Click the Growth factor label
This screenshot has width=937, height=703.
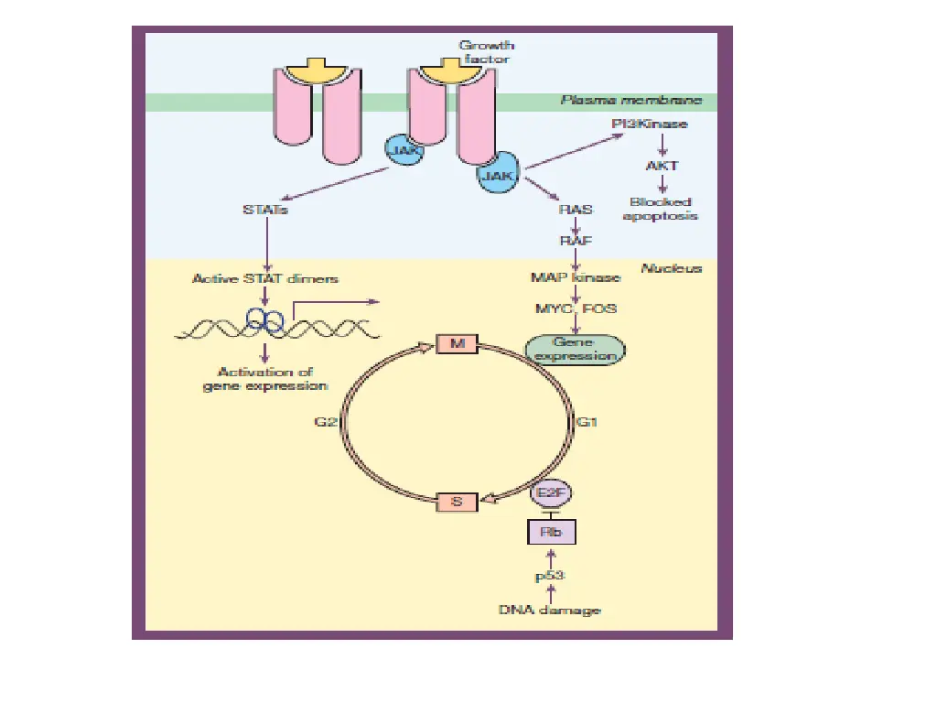486,52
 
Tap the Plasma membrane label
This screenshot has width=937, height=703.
631,102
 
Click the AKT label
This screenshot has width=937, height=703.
661,167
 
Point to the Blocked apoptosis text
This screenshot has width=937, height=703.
661,209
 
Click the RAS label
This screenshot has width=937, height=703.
576,209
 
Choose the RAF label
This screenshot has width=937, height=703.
576,241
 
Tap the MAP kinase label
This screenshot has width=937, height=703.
576,276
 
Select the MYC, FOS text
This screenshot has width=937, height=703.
576,308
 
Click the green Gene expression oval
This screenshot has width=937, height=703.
575,349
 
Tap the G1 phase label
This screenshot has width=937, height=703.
587,422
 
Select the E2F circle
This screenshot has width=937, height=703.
547,494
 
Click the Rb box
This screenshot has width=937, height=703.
551,531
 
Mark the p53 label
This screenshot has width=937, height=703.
550,576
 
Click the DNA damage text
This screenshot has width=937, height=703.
550,609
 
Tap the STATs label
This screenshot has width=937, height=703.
265,210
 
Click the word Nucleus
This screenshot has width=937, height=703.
671,268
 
